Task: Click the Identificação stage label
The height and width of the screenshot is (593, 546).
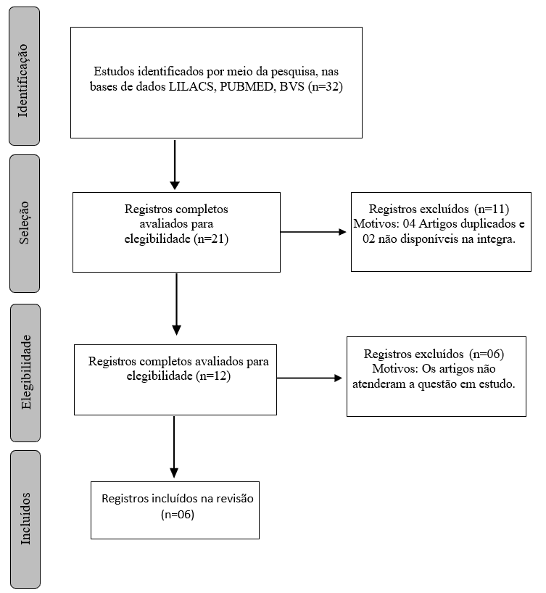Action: point(23,80)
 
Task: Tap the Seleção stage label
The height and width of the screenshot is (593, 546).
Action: point(23,223)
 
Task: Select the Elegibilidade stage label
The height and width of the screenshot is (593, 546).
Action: point(25,372)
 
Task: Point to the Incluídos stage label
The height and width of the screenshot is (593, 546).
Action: point(25,518)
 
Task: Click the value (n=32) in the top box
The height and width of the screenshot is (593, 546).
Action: point(325,87)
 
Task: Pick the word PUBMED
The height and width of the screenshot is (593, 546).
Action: point(247,86)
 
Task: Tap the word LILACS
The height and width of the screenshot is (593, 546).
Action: point(192,86)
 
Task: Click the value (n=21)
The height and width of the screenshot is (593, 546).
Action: point(211,239)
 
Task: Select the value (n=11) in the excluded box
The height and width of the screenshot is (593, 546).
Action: point(492,209)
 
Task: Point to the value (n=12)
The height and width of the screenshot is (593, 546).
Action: point(213,376)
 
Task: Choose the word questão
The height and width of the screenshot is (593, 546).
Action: point(437,384)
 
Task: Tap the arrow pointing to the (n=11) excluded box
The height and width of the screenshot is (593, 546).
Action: point(313,232)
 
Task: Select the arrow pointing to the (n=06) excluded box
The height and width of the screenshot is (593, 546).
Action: point(310,378)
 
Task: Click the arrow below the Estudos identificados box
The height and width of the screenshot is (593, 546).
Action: point(175,165)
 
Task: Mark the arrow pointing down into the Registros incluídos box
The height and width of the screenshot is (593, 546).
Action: point(174,447)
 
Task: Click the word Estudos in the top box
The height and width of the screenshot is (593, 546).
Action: point(115,71)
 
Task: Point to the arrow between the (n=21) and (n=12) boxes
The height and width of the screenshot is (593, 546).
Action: point(176,304)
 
